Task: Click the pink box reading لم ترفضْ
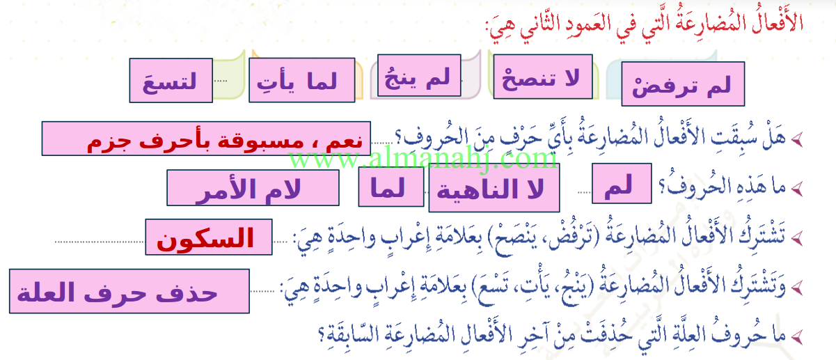pos(683,84)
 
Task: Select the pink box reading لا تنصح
pos(543,77)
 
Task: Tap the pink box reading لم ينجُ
pos(419,75)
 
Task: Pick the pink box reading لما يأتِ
pos(302,80)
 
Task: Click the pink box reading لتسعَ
pos(171,80)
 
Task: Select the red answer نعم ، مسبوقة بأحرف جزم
pos(206,139)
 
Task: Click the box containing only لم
pos(622,183)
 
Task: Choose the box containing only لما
pos(391,187)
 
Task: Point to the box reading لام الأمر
pos(253,188)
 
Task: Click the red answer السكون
pos(209,237)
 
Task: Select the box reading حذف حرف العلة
pos(129,291)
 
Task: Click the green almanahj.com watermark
pos(423,159)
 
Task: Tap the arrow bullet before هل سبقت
pos(797,140)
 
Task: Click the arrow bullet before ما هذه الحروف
pos(797,189)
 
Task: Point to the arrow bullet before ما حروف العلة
pos(797,337)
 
